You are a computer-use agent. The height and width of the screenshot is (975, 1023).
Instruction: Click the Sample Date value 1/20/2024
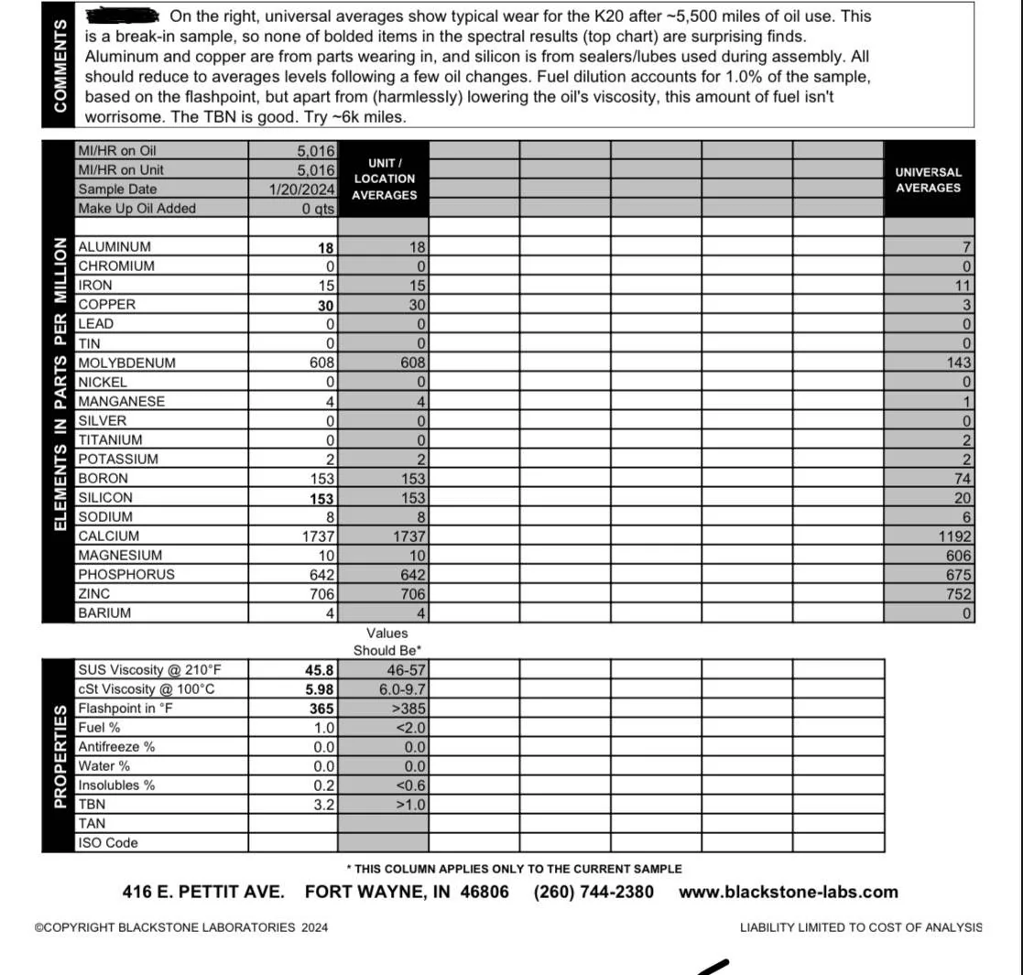click(x=302, y=190)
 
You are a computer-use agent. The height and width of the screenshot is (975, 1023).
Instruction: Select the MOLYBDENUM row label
click(x=126, y=363)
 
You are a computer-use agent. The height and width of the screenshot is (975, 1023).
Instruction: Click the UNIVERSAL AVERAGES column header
click(x=928, y=179)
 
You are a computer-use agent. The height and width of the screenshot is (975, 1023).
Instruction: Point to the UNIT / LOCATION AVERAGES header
click(x=384, y=179)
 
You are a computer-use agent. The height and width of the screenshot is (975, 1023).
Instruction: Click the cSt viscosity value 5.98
click(x=319, y=689)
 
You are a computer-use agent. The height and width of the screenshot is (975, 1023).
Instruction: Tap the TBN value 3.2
click(x=324, y=805)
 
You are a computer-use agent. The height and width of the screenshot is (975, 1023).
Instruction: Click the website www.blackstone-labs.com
click(x=788, y=892)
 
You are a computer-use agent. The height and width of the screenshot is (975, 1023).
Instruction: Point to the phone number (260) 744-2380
click(x=593, y=892)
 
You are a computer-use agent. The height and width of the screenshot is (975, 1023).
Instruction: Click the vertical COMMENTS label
click(x=61, y=66)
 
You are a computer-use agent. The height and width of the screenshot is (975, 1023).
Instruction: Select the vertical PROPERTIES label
click(x=60, y=755)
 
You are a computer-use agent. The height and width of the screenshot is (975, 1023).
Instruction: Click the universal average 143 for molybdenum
click(x=958, y=363)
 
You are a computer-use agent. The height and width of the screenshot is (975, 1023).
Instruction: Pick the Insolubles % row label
click(x=116, y=785)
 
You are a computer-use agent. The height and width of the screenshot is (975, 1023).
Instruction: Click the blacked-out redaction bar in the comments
click(x=122, y=16)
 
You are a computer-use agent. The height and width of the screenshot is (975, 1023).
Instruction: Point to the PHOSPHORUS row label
click(x=125, y=575)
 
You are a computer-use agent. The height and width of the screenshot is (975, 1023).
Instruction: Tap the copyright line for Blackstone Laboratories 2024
click(x=181, y=927)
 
